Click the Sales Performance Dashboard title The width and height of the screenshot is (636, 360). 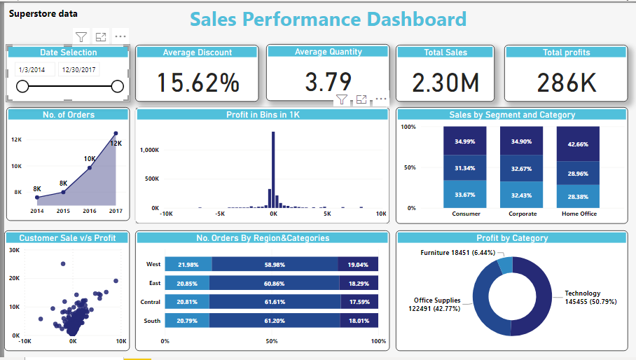coord(328,20)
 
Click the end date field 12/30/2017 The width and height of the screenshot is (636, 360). coord(78,69)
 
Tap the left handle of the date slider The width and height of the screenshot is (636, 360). coord(22,86)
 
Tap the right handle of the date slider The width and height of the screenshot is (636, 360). coord(117,86)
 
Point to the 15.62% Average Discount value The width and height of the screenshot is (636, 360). coord(197,83)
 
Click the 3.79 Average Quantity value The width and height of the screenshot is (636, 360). coord(327,82)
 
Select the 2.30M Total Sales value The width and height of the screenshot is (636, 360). coord(445,83)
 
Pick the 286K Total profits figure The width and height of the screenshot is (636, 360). coord(567,83)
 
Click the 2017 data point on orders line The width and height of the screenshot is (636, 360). coord(116,133)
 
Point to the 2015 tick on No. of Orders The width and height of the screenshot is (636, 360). coord(63,210)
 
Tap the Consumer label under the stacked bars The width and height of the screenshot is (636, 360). coord(466,214)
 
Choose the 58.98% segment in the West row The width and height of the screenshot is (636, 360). coord(275,265)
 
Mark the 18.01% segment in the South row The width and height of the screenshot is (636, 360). coord(359,321)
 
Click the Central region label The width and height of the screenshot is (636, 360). coord(151,302)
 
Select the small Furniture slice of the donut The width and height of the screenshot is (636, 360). coord(504,265)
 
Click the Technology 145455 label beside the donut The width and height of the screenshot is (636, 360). coord(583,298)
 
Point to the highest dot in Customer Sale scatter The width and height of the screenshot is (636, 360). coord(63,264)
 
